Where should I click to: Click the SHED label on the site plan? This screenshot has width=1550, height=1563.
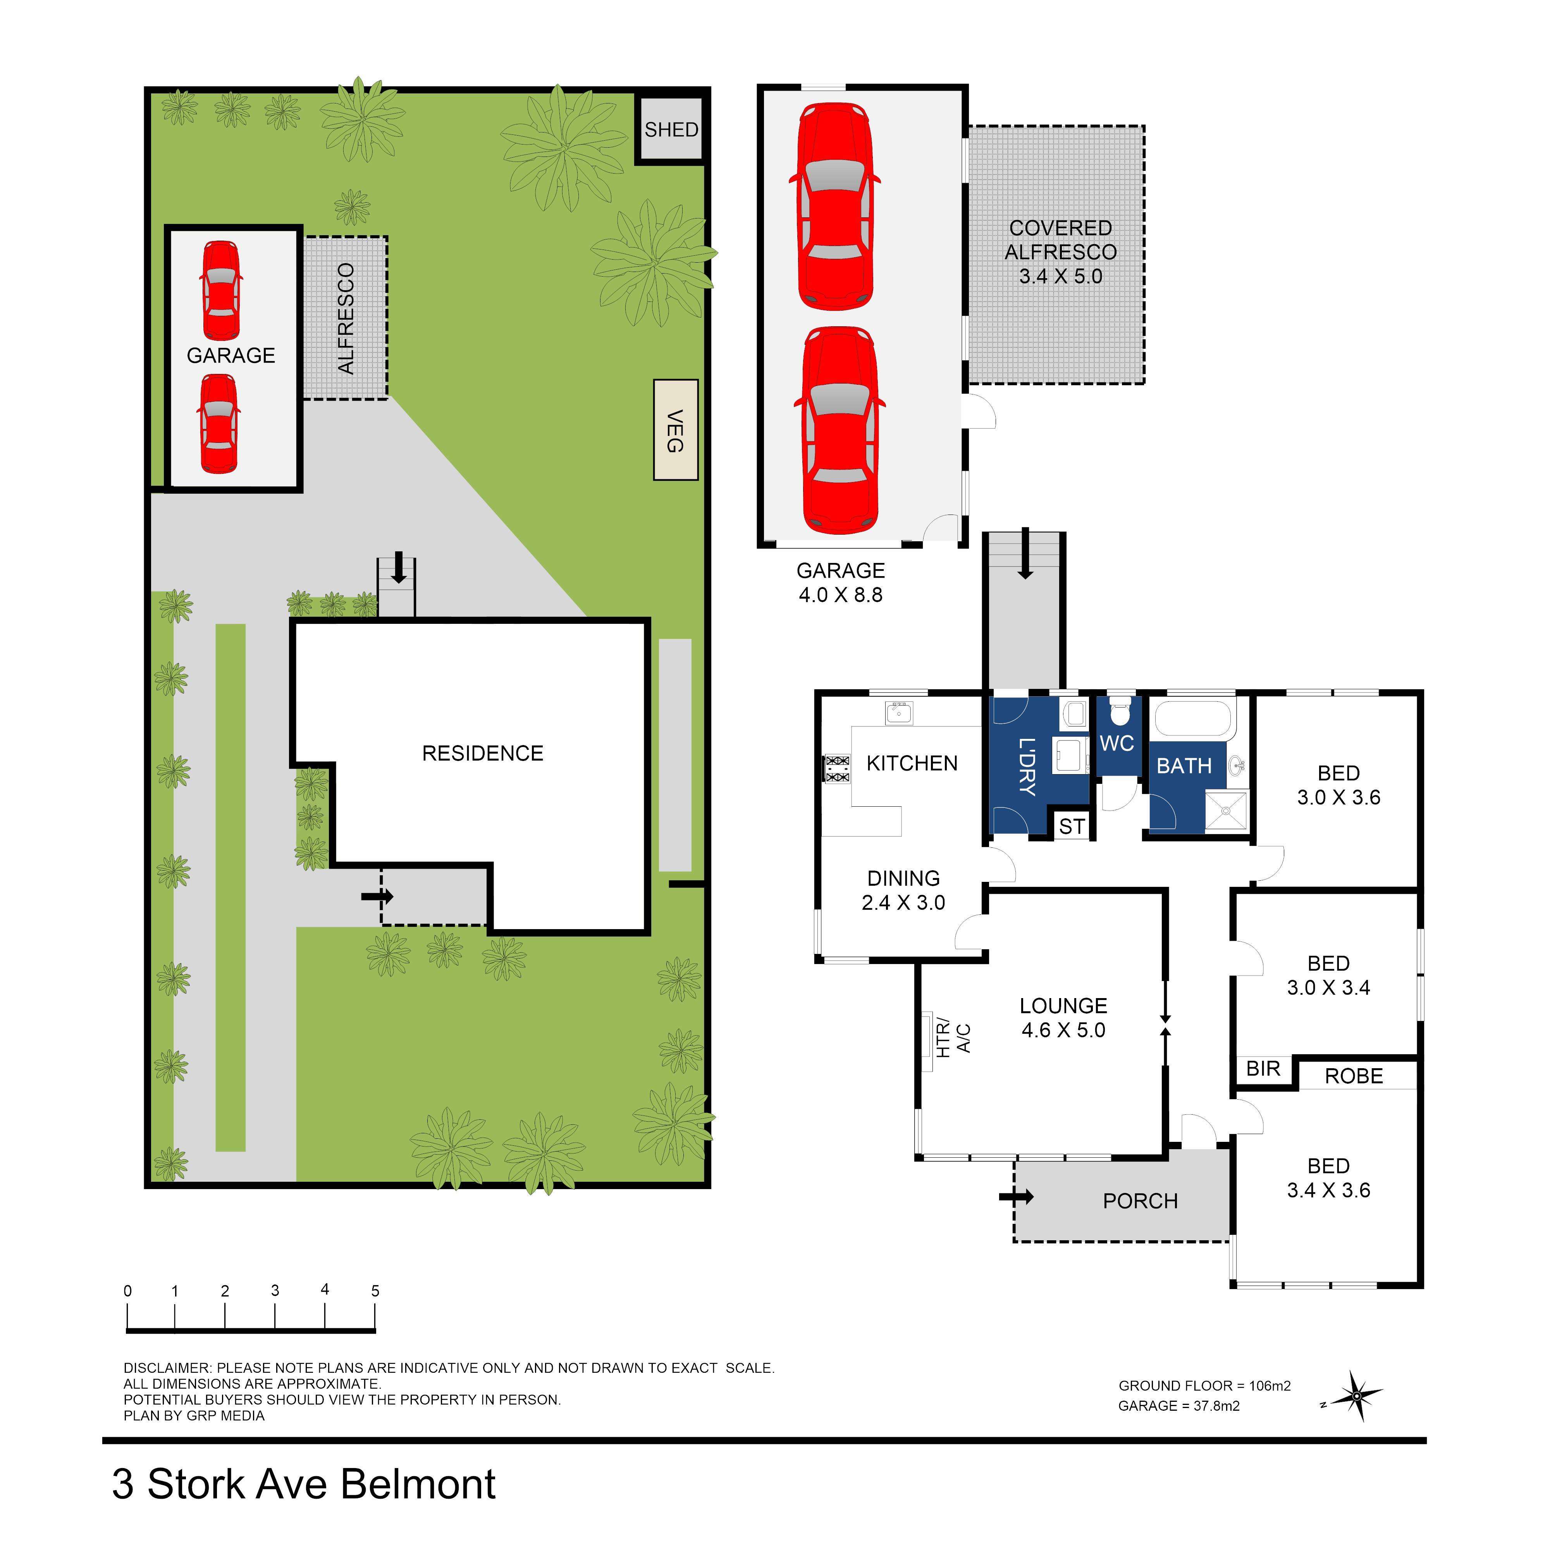671,129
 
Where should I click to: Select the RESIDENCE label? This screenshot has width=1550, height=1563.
482,753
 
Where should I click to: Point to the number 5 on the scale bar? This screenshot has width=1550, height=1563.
375,1290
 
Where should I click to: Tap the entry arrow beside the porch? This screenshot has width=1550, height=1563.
1016,1196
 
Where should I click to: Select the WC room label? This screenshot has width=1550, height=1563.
1116,744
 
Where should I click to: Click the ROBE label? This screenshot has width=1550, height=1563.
1354,1076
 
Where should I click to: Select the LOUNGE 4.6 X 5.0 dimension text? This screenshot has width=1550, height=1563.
1063,1018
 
